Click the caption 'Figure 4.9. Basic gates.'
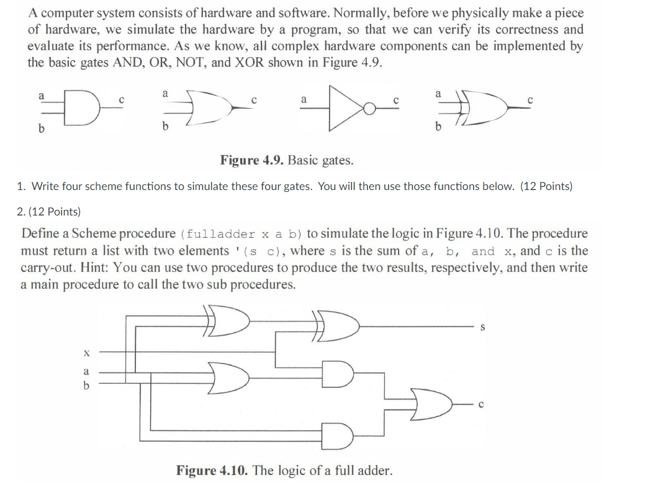287,160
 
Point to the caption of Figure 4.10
284,469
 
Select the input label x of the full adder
86,352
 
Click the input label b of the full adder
86,385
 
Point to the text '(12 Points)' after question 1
546,186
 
